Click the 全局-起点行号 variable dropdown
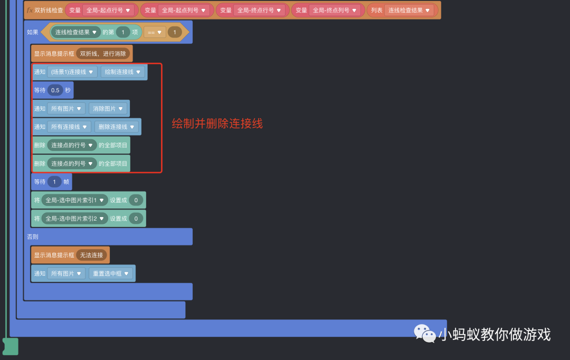pos(108,10)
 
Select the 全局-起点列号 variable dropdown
pos(184,10)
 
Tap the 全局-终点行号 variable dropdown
pos(259,10)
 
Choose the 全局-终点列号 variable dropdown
pos(335,10)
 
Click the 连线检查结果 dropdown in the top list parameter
pos(409,10)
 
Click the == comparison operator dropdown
pos(155,32)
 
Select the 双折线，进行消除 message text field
pos(103,53)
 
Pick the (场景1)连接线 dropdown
pos(72,72)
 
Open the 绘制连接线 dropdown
pos(122,72)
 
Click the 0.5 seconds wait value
pos(55,90)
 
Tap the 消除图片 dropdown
pos(108,109)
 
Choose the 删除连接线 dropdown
pos(117,127)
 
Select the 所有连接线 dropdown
pos(69,127)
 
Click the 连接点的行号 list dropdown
pos(72,145)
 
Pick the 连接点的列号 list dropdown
pos(72,164)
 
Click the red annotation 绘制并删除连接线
pos(217,124)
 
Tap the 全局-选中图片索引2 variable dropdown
pos(74,219)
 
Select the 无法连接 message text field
pos(91,255)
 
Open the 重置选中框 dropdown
pos(110,273)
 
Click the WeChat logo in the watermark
pos(425,333)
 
